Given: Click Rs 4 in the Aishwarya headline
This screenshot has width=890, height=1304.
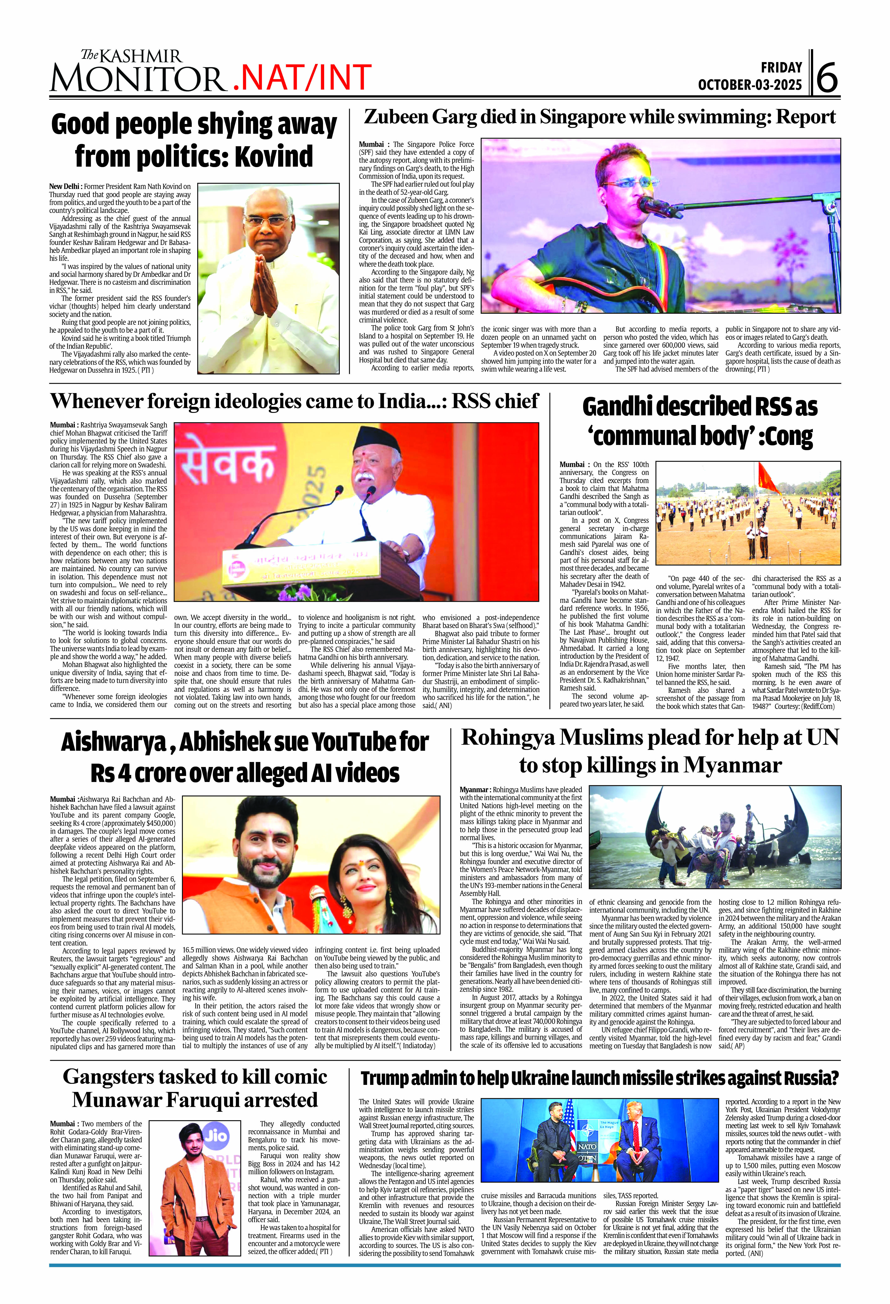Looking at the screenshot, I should click(111, 773).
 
